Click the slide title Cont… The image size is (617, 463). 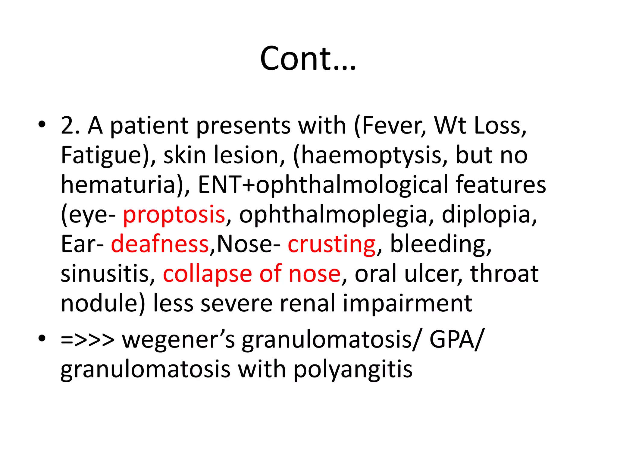[x=308, y=58]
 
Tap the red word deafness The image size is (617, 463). [x=160, y=244]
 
